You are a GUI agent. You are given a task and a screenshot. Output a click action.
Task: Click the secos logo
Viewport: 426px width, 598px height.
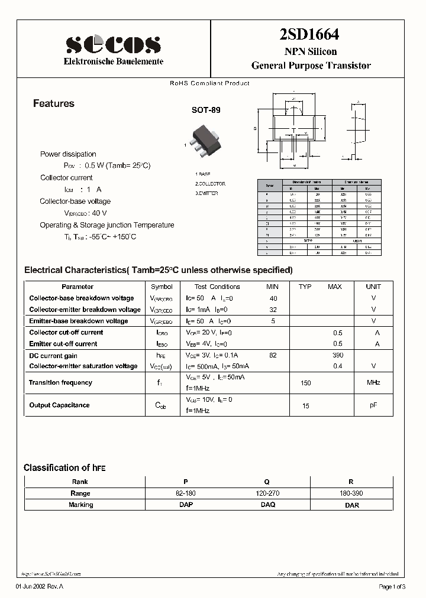tap(113, 44)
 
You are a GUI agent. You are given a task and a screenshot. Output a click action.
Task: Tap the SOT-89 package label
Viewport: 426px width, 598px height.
tap(205, 110)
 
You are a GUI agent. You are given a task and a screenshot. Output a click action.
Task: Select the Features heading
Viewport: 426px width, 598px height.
tap(54, 103)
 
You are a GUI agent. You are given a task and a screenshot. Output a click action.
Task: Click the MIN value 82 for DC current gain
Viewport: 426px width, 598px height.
tap(273, 355)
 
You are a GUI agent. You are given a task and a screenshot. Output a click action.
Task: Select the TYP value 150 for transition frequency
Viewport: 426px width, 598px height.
tap(305, 383)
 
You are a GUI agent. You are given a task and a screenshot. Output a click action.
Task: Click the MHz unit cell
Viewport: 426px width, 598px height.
tap(373, 383)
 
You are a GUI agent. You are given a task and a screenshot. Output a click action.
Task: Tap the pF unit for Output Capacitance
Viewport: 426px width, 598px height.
tap(373, 405)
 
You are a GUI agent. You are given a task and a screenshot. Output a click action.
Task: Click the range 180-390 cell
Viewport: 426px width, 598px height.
tap(351, 493)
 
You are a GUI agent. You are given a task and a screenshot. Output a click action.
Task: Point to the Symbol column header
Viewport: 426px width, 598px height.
tap(162, 287)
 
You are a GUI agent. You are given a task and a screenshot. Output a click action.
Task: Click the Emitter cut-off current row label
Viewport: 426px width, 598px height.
tap(63, 343)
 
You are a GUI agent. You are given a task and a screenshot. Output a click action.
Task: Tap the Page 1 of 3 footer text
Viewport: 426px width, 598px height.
tap(392, 586)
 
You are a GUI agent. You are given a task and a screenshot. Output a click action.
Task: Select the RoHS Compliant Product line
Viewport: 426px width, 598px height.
tap(209, 83)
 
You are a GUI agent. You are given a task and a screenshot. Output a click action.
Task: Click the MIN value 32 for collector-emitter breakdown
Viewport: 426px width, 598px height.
tap(273, 310)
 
